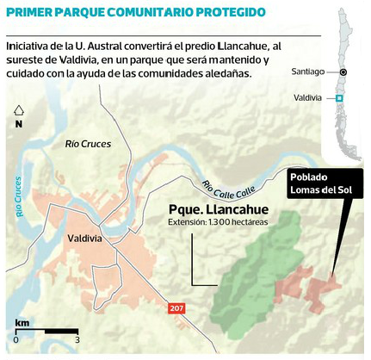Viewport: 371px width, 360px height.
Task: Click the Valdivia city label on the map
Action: (x=87, y=239)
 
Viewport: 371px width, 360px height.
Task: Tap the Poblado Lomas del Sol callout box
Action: (x=322, y=183)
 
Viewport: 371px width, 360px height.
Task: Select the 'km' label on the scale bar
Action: (x=23, y=323)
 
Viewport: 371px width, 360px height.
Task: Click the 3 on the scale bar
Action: (x=77, y=340)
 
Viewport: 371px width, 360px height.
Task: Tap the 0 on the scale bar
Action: (x=16, y=340)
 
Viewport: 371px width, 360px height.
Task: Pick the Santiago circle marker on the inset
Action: (x=342, y=72)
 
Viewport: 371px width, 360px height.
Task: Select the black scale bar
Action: (x=47, y=331)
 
